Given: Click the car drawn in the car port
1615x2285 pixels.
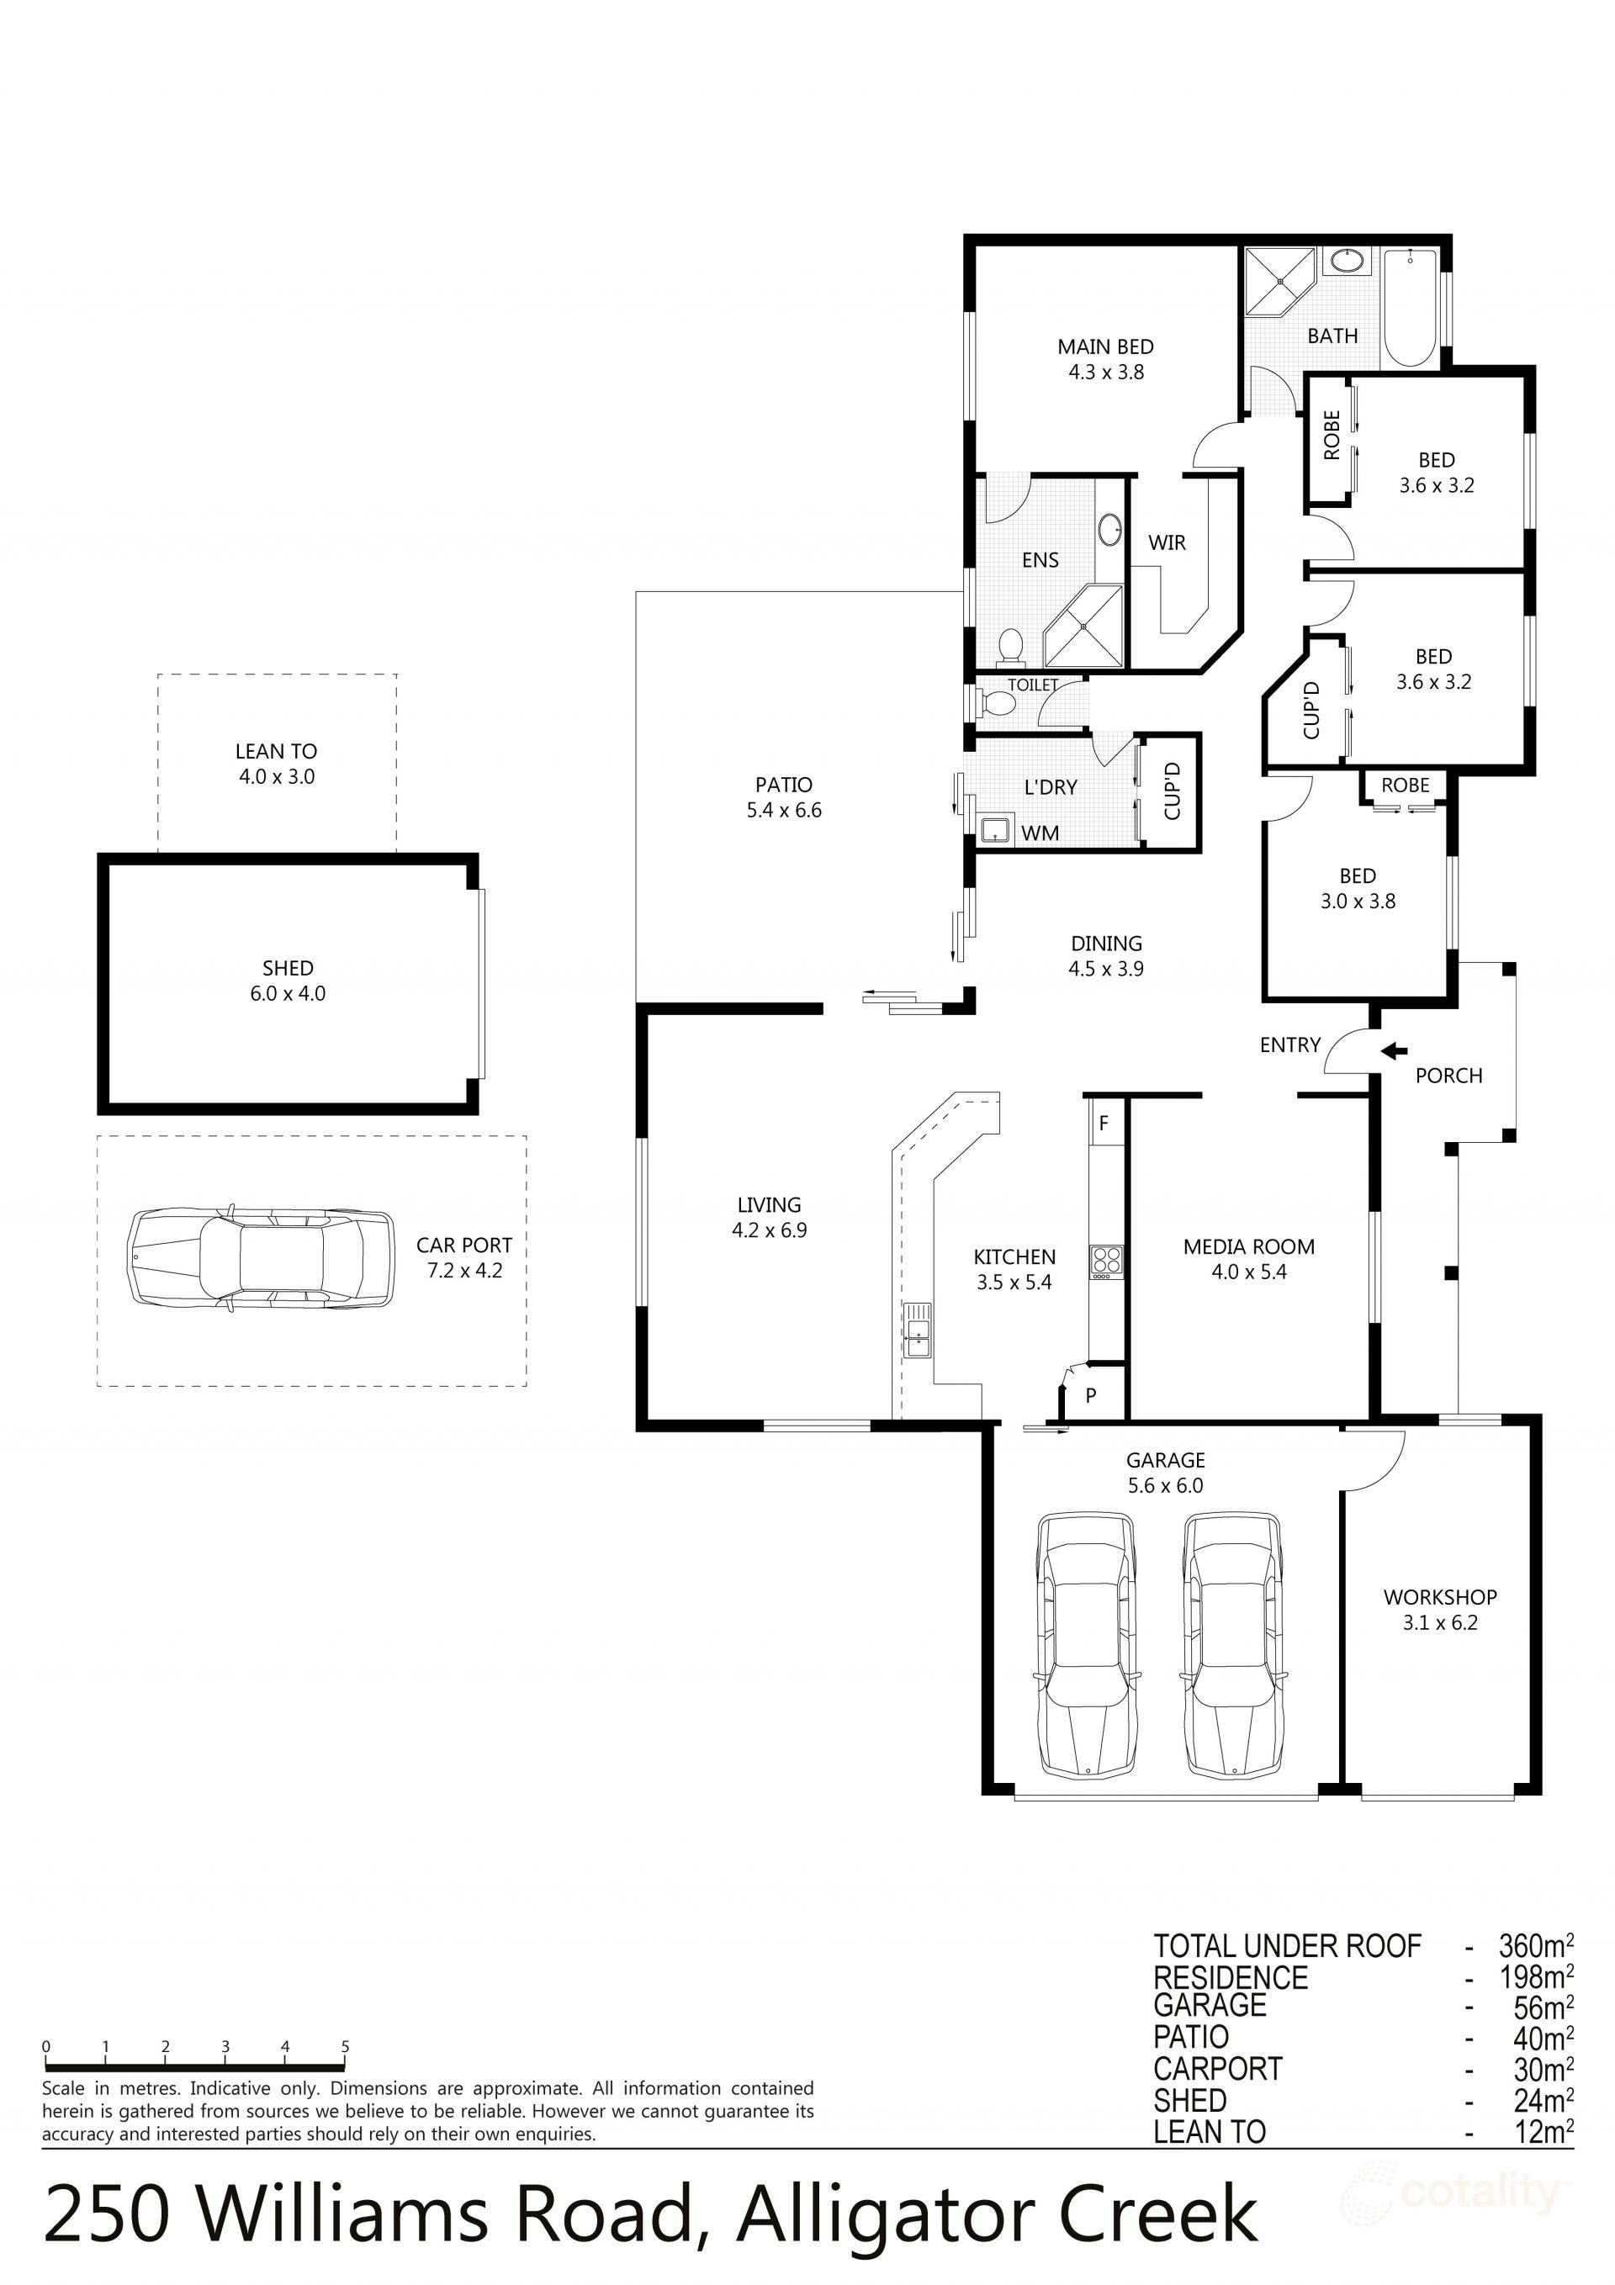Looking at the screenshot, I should (261, 1260).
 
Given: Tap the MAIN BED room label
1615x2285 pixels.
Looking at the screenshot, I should (1105, 346).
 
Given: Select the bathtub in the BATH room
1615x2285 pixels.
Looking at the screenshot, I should (1409, 309).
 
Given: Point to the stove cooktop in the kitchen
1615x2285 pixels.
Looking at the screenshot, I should (1106, 1262).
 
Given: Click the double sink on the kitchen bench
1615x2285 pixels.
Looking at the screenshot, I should (917, 1330).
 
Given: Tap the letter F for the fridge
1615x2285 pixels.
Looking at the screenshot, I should (1104, 1124).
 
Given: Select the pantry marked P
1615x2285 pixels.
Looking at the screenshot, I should (1090, 1395).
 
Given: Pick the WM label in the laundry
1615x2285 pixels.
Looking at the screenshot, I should (1040, 833).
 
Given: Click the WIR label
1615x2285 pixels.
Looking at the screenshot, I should (1167, 542).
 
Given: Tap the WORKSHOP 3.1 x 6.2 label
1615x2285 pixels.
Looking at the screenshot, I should (1440, 1609).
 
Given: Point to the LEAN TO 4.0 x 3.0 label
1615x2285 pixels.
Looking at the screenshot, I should (277, 764).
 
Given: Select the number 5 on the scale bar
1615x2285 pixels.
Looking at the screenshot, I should (346, 2047).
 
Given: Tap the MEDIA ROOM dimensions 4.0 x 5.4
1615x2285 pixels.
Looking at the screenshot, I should (1248, 1272).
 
